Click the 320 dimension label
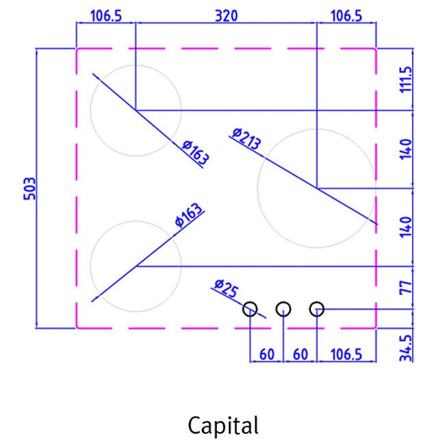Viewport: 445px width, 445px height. point(226,16)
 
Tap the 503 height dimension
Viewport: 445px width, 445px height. point(30,189)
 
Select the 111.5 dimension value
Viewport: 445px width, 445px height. point(405,79)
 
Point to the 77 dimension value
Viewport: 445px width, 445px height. point(405,288)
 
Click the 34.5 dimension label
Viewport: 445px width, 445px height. point(405,348)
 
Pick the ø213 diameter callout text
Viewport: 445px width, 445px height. point(246,139)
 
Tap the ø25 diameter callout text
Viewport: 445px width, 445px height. point(226,288)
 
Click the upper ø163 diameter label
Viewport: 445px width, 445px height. point(196,152)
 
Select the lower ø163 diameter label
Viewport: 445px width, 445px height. point(189,215)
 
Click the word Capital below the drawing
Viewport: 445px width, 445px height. point(223,426)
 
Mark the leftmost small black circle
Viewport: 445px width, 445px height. point(250,309)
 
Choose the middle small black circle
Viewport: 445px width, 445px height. point(283,309)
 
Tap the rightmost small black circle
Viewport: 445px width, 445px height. point(317,309)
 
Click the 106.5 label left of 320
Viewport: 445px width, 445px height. point(106,16)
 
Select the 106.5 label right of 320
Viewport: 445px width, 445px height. point(346,16)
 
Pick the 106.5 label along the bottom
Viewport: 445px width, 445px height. point(346,355)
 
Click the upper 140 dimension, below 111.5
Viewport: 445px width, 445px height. point(405,149)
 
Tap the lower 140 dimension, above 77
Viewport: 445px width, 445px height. point(405,227)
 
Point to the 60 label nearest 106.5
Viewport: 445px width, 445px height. point(301,355)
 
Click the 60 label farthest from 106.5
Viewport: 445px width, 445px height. point(267,355)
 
